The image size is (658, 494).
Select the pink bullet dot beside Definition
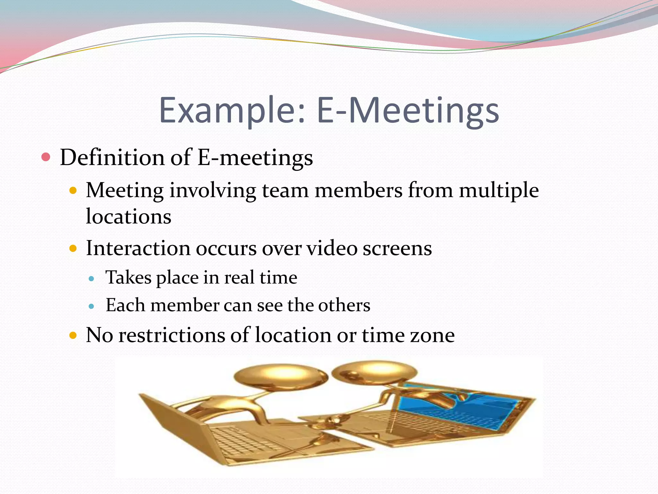pyautogui.click(x=46, y=157)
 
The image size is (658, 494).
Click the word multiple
pyautogui.click(x=499, y=190)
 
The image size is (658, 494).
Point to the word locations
pyautogui.click(x=129, y=216)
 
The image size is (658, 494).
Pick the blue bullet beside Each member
pyautogui.click(x=92, y=306)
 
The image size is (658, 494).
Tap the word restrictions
pyautogui.click(x=172, y=335)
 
